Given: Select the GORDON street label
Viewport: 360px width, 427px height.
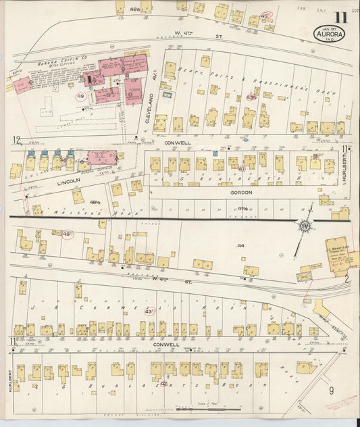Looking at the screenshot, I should click(241, 193).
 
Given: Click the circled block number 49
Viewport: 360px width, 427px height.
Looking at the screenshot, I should click(81, 97).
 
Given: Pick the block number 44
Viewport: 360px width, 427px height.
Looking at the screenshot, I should click(240, 247).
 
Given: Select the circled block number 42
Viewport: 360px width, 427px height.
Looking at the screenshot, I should click(164, 384).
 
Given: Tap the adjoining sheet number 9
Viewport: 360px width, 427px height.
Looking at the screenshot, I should click(331, 391).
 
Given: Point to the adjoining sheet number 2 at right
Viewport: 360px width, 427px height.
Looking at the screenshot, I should click(346, 278).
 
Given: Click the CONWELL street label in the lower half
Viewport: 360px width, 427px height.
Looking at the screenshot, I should click(166, 345).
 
